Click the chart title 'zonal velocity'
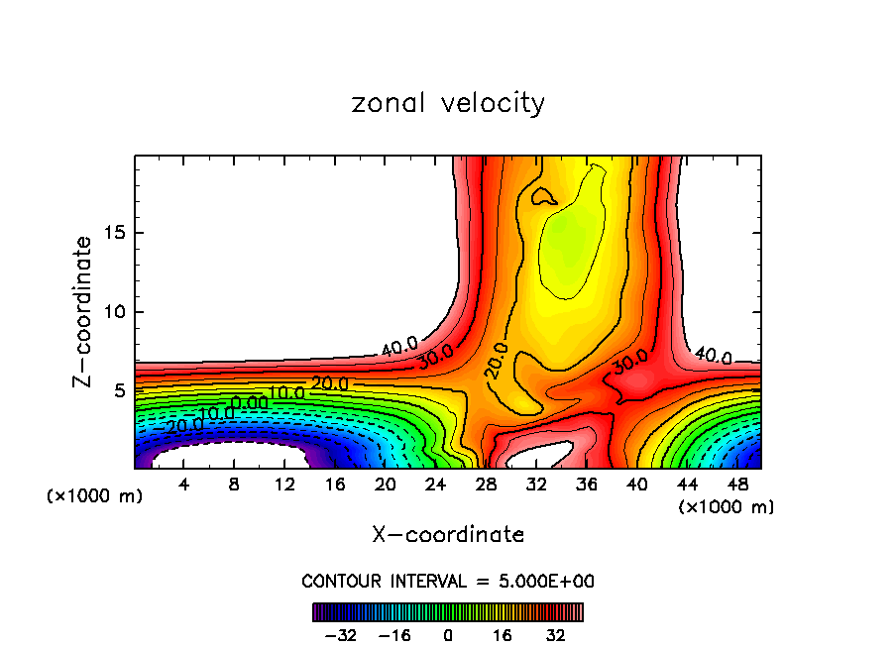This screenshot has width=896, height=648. coord(448,103)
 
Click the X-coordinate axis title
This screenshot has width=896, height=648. coord(448,535)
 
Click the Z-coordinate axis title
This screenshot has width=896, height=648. coord(83,311)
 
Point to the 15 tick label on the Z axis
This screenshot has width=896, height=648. coord(114,233)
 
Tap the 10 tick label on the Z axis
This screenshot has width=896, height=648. coord(114,312)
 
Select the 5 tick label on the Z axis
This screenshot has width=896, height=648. coord(120,390)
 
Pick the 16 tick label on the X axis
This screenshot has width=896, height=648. coord(335,485)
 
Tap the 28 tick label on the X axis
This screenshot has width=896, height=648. coord(486,485)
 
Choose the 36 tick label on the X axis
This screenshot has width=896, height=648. coord(586,485)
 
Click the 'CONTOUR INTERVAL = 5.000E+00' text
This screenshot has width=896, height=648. coord(448,581)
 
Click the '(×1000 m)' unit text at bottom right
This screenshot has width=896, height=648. coord(726,507)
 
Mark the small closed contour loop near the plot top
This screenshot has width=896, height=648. coord(543,196)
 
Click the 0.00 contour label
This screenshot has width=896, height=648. coord(249,402)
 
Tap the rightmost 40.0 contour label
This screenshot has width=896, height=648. coord(713,356)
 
